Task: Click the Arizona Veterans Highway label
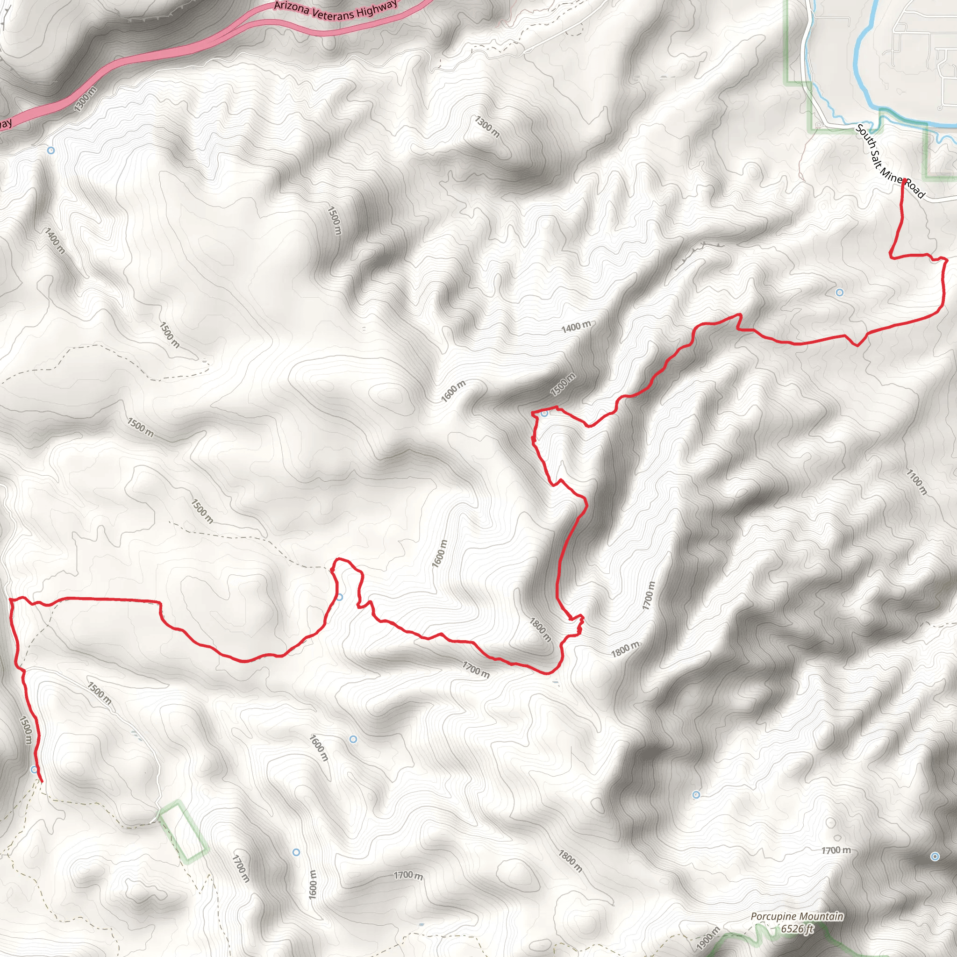coord(336,10)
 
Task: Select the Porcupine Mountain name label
coord(797,916)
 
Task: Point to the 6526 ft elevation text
coord(797,928)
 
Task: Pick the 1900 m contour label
coord(708,938)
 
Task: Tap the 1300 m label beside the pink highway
coord(85,99)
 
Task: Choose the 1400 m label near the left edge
coord(55,241)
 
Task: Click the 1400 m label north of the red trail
coord(576,327)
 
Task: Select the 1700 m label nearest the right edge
coord(836,850)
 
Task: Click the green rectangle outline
coord(183,832)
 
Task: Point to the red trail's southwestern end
coord(42,782)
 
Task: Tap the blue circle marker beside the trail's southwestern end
coord(34,769)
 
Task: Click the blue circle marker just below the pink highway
coord(50,150)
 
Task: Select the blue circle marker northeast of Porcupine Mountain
coord(935,857)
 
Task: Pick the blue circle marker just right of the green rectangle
coord(296,852)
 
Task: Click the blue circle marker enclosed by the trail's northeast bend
coord(839,292)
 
